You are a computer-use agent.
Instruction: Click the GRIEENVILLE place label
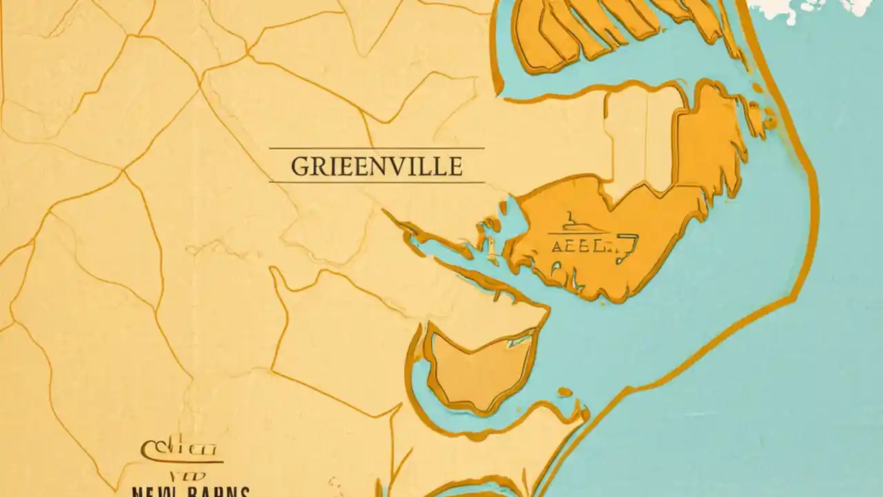pos(376,166)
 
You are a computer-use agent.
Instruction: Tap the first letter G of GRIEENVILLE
pos(299,167)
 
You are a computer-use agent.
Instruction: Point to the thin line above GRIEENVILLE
pos(376,148)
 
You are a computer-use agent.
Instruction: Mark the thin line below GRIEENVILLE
pos(376,182)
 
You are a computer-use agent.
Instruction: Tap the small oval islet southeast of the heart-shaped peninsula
pos(565,392)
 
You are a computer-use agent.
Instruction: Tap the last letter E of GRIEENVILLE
pos(455,167)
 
